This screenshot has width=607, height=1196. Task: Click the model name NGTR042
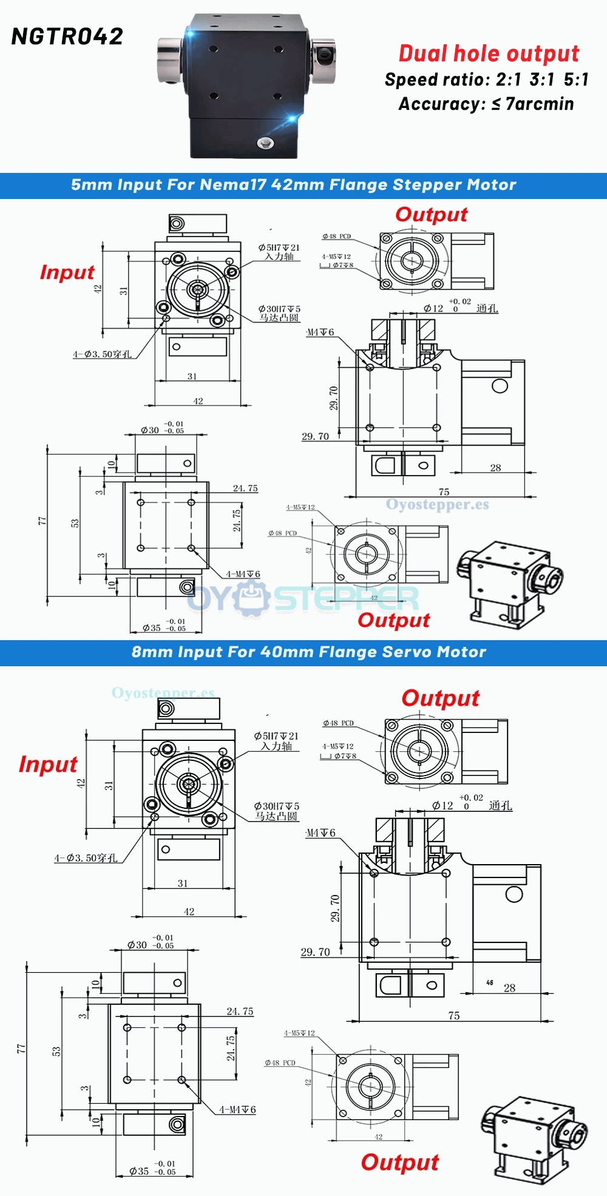[67, 36]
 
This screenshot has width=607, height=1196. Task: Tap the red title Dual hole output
[489, 53]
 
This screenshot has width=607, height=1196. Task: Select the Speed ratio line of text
[487, 79]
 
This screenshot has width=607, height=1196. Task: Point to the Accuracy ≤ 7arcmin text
[486, 104]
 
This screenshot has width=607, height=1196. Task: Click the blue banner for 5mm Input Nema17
[294, 185]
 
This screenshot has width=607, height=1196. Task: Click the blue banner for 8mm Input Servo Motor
[308, 652]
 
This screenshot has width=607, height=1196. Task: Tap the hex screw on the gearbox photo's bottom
[265, 143]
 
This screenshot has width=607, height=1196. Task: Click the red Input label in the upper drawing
[67, 272]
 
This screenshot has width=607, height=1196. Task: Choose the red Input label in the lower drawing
[48, 764]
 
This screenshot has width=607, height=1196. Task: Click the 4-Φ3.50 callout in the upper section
[102, 354]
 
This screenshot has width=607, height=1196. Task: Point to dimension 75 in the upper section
[444, 492]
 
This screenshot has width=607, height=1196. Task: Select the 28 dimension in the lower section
[509, 988]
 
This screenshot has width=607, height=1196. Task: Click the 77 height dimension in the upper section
[42, 521]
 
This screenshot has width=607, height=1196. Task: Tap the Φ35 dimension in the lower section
[139, 1172]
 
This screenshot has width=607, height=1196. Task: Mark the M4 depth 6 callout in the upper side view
[320, 333]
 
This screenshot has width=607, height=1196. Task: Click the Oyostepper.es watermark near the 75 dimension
[437, 505]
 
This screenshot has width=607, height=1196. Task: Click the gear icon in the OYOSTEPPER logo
[252, 598]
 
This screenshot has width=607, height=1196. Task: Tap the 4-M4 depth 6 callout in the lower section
[237, 1110]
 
